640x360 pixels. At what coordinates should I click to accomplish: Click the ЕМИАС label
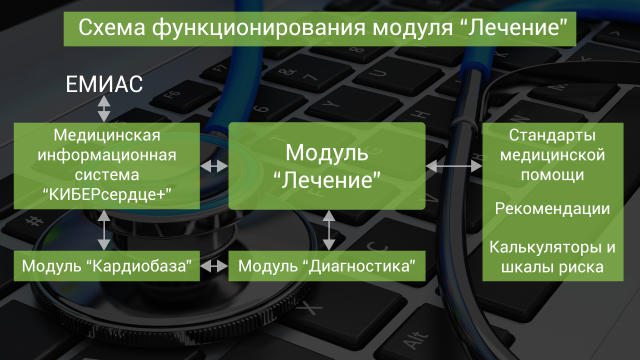coord(104,84)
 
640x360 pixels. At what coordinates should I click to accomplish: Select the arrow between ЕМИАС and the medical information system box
coord(103,109)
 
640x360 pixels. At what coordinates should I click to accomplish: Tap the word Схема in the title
coord(111,27)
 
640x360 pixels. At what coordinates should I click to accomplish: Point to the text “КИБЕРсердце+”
coord(107,195)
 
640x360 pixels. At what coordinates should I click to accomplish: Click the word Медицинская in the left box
coord(107,135)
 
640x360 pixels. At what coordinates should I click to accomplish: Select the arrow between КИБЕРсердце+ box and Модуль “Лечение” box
coord(214,165)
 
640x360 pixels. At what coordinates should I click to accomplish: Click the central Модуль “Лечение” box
coord(327,166)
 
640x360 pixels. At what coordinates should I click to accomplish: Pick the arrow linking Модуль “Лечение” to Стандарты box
coord(454,166)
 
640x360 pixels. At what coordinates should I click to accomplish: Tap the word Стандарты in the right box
coord(552,135)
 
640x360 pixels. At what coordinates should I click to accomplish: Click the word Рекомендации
coord(552,208)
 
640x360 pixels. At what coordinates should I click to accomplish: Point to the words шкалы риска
coord(552,267)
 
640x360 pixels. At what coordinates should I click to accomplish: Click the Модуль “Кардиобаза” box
coord(107,266)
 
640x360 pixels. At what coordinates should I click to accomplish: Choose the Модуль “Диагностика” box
coord(327,266)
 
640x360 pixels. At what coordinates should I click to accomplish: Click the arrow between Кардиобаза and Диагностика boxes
coord(214,266)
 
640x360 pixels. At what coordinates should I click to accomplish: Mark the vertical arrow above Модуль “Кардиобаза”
coord(103,230)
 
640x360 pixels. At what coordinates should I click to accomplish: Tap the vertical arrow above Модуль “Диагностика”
coord(329,230)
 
